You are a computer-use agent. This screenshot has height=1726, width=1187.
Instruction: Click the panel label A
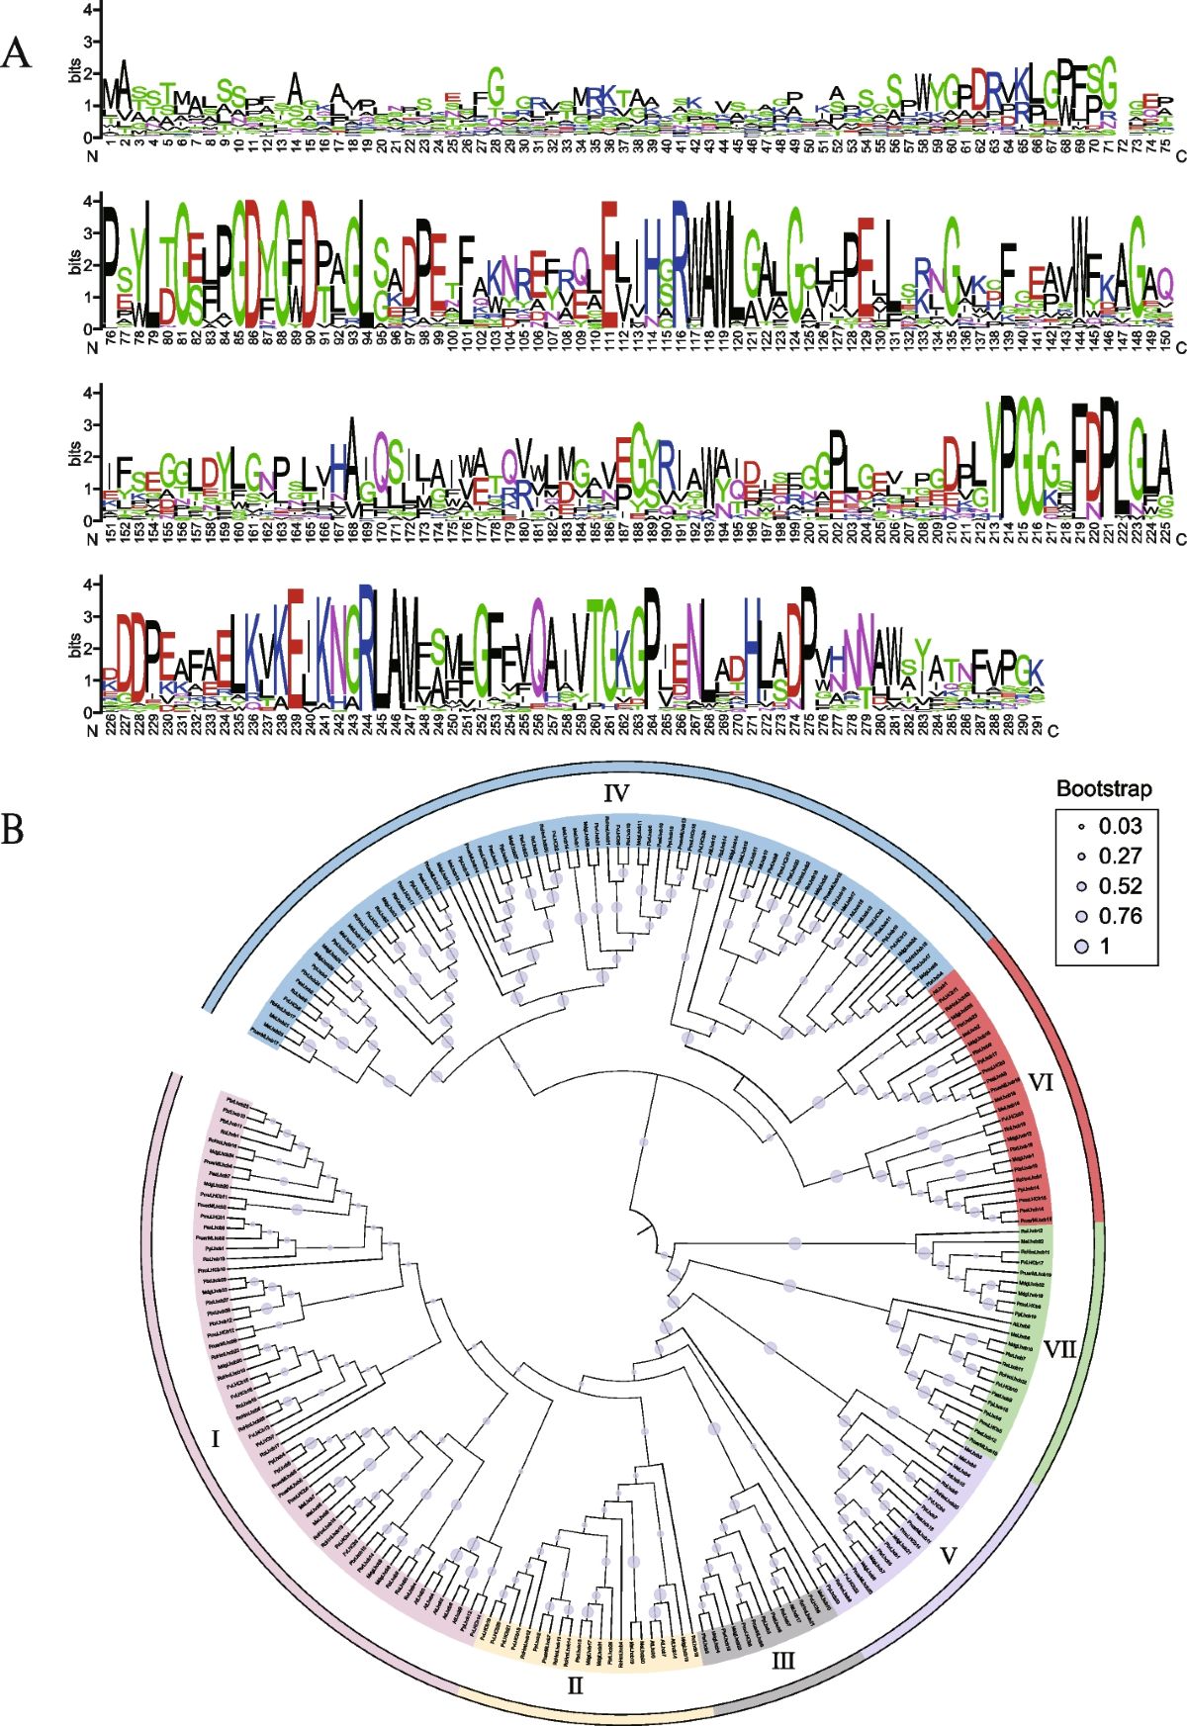tap(17, 52)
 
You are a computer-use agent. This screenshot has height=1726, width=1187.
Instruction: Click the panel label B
tap(13, 829)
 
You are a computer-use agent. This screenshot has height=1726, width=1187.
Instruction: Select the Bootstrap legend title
tap(1104, 788)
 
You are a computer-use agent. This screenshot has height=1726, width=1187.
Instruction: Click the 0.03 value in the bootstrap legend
tap(1120, 826)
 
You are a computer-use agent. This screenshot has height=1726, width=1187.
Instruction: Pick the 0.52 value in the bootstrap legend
tap(1120, 886)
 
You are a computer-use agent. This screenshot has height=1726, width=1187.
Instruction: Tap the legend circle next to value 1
tap(1081, 947)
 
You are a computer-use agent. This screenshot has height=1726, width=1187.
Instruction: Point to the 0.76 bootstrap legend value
tap(1120, 916)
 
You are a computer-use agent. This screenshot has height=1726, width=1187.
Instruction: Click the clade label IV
tap(616, 792)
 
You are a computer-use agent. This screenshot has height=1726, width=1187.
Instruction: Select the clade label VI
tap(1041, 1083)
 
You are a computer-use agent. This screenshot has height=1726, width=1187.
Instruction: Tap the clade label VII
tap(1059, 1349)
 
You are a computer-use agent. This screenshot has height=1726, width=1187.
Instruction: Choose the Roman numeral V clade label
tap(948, 1556)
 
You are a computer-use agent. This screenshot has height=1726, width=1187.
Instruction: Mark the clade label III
tap(782, 1661)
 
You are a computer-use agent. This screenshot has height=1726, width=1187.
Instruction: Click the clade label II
tap(576, 1685)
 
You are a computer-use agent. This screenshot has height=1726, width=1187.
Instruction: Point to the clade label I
tap(216, 1439)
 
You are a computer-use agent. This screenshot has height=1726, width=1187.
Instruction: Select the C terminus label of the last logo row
tap(1052, 731)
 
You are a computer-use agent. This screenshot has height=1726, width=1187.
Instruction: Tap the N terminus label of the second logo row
tap(93, 347)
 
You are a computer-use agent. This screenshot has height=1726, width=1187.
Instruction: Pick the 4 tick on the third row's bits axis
tap(88, 393)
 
